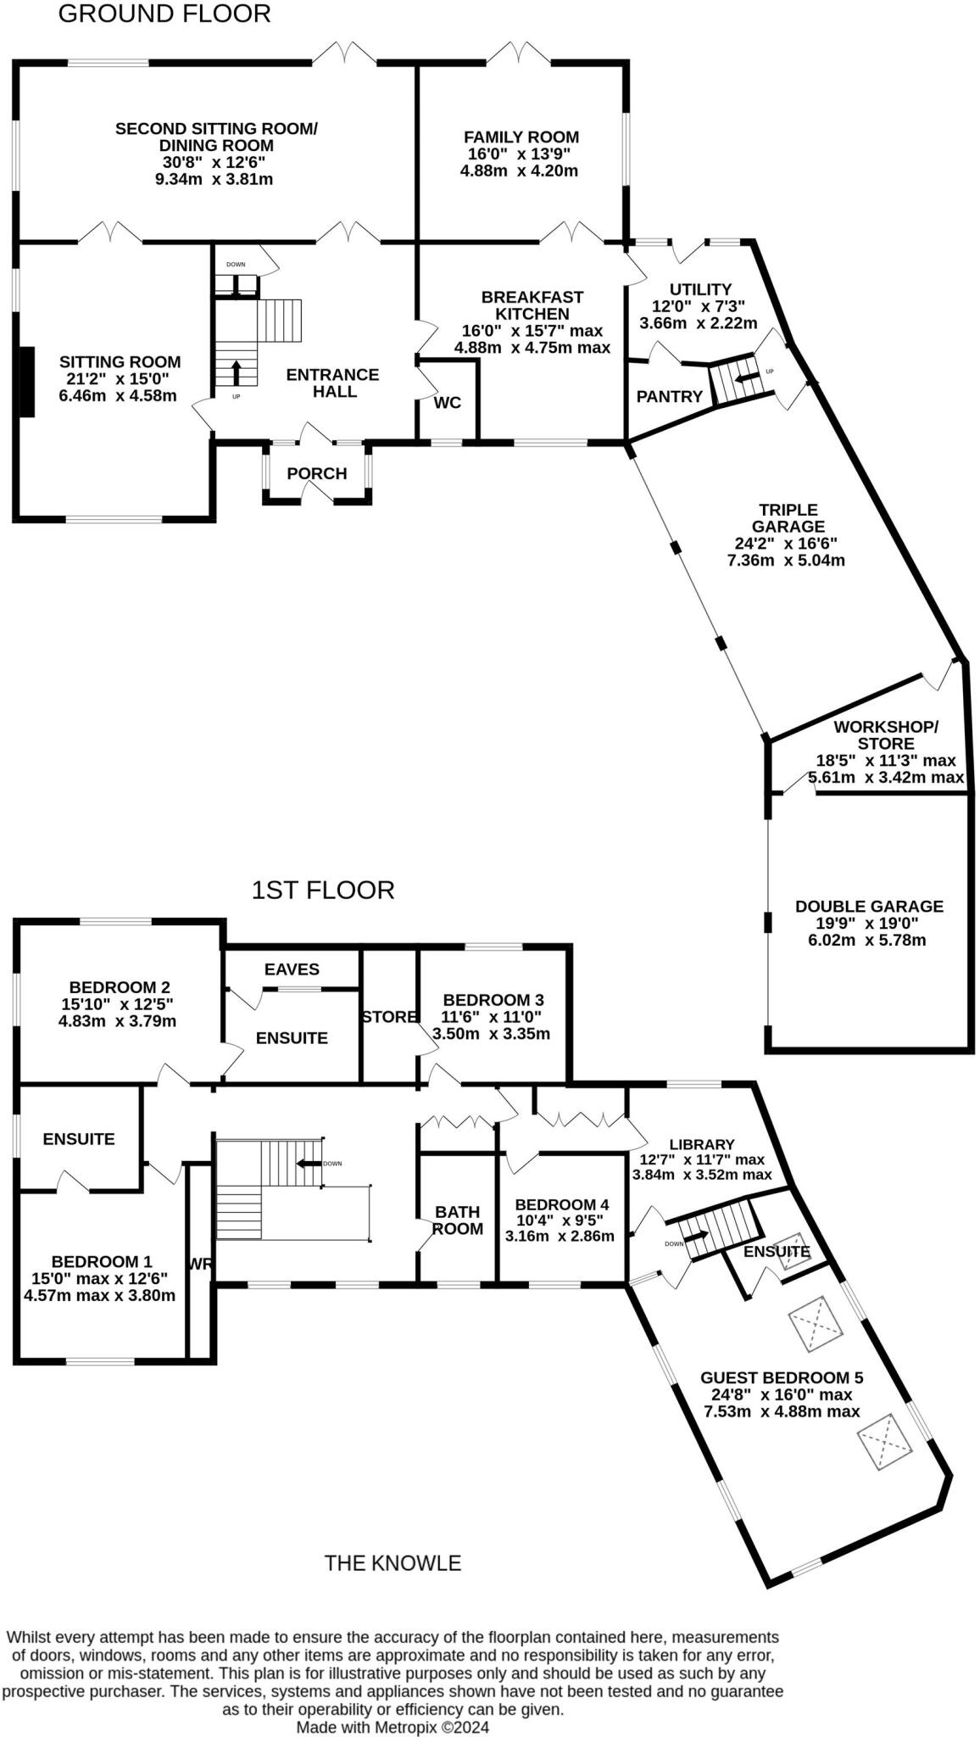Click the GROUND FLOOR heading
point(164,14)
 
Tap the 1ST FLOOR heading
point(323,890)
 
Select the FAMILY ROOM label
point(521,137)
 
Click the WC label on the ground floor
point(447,403)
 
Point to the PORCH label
point(316,473)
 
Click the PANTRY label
point(670,396)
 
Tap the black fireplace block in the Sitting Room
point(27,382)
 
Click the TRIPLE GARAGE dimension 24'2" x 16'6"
point(788,544)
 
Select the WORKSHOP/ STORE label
point(885,735)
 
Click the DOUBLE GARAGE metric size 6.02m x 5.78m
point(869,940)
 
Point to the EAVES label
point(292,969)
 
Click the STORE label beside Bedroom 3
point(389,1016)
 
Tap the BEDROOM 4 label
point(561,1204)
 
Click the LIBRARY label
point(701,1144)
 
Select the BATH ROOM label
point(458,1220)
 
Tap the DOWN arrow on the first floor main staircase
point(309,1164)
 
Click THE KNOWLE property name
point(393,1562)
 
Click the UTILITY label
point(700,289)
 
